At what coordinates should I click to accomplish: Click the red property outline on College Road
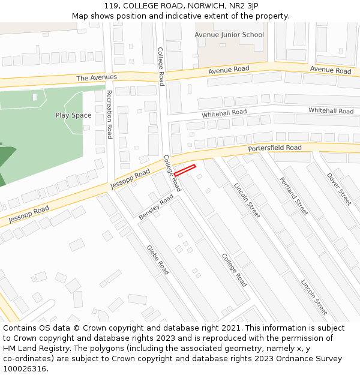coord(185,170)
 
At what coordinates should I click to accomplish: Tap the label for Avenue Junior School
coord(229,35)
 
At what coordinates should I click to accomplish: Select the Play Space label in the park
coord(73,115)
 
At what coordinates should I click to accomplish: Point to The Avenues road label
coord(97,78)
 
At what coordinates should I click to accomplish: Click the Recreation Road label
coord(109,114)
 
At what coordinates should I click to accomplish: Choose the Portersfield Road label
coord(275,148)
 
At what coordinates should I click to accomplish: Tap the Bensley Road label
coord(156,208)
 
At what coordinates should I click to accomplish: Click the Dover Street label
coord(339,189)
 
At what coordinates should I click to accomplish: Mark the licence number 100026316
coord(25,369)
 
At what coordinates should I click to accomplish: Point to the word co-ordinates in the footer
coord(26,359)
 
